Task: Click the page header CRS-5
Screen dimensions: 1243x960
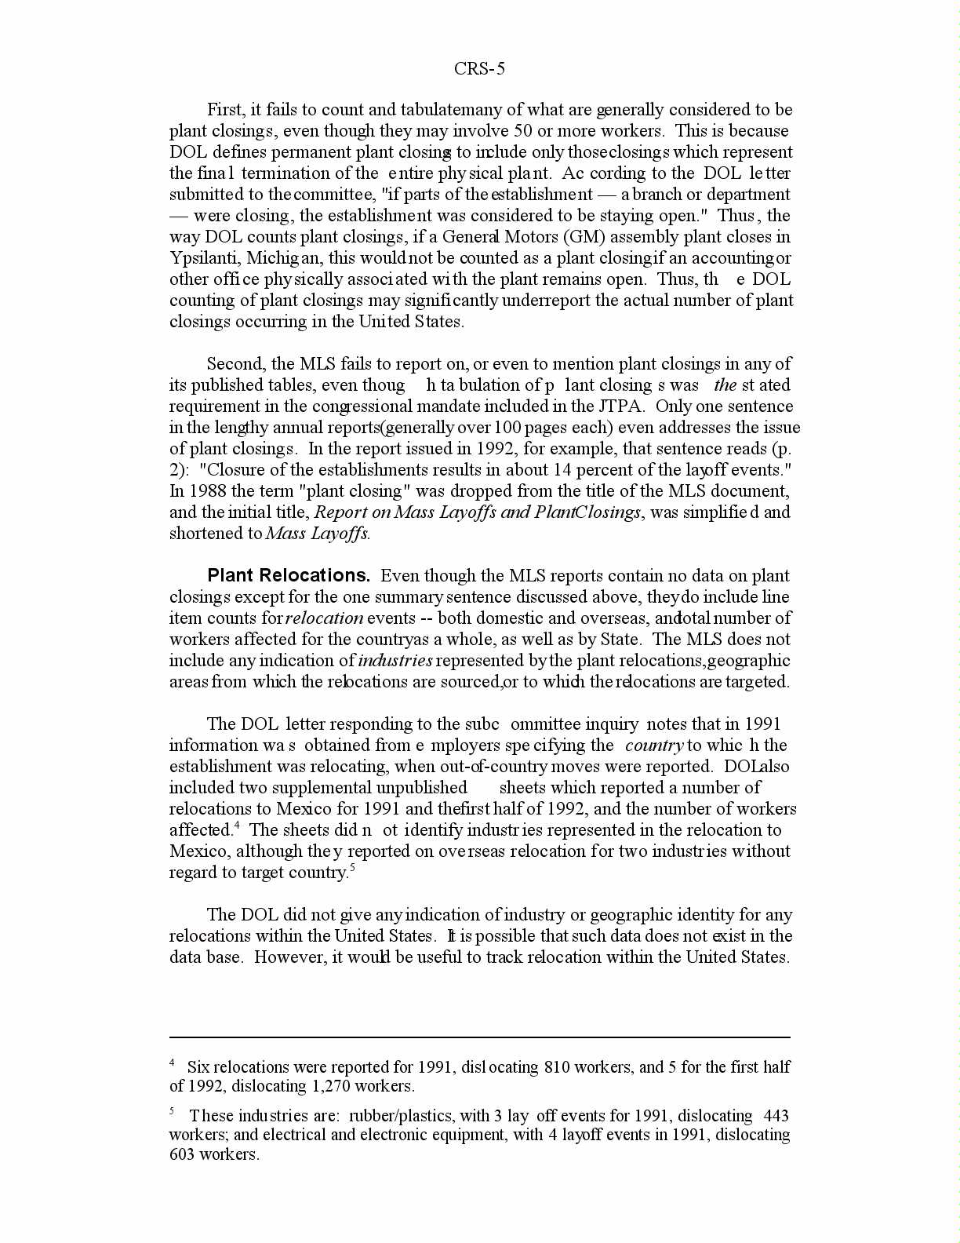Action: (x=479, y=69)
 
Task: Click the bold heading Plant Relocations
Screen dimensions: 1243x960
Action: (x=288, y=575)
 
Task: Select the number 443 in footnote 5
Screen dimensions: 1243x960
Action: (x=776, y=1116)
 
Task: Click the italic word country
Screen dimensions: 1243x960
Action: (x=654, y=745)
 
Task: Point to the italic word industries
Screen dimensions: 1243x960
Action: (x=395, y=661)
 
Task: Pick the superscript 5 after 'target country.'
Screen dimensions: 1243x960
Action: (x=352, y=868)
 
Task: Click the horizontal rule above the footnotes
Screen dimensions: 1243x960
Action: (x=479, y=1037)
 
